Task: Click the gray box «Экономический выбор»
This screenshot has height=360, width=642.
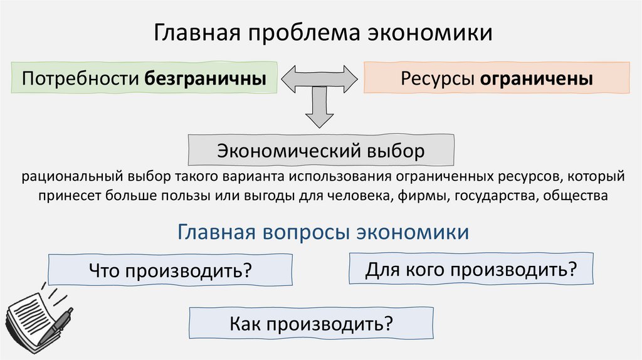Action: [320, 151]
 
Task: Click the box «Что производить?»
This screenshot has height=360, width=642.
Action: [170, 271]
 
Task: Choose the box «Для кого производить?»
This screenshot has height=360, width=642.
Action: [470, 269]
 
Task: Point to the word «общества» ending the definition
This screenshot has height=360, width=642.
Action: [576, 196]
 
